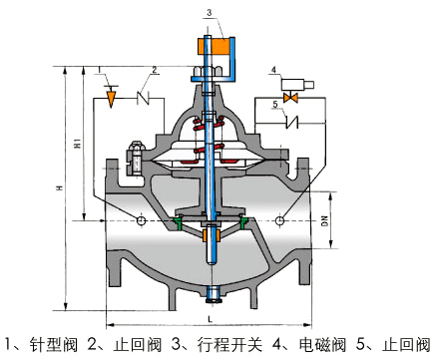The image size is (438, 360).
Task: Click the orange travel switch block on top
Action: click(215, 47)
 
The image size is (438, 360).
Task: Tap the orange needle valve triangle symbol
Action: click(111, 99)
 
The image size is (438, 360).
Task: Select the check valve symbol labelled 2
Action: click(143, 98)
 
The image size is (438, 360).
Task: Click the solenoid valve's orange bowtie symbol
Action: click(290, 98)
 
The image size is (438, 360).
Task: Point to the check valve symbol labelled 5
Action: click(292, 124)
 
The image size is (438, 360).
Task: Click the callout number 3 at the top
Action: click(209, 13)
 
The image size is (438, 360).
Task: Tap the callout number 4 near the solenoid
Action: click(273, 70)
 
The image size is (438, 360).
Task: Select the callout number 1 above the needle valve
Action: click(100, 69)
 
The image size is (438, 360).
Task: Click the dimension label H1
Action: click(78, 144)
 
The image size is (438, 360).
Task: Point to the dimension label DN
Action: click(324, 221)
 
